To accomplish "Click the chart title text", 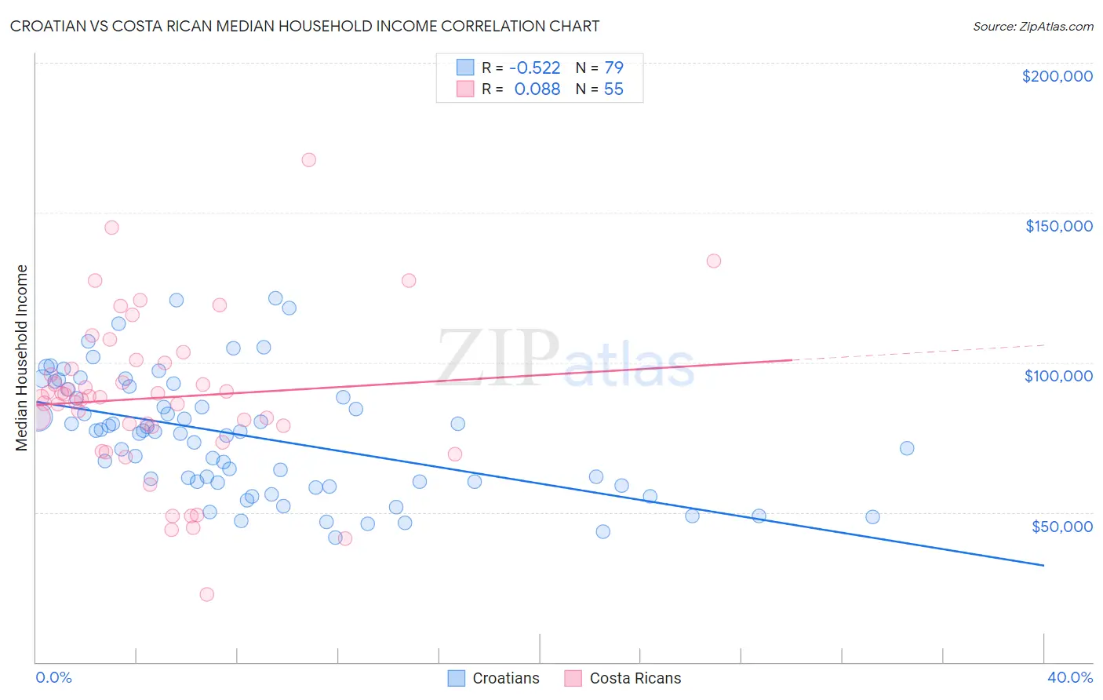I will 304,26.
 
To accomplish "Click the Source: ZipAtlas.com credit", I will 1032,26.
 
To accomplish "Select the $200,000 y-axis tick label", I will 1057,76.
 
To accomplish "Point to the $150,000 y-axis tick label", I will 1058,226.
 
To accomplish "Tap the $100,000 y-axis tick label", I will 1058,376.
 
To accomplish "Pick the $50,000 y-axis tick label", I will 1061,526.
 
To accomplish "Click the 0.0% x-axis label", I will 53,677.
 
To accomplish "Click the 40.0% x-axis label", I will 1069,677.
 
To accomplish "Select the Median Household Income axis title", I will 22,358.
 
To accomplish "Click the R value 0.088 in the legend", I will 537,89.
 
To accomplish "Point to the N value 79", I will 613,68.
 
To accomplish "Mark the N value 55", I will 613,89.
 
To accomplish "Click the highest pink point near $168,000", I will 308,160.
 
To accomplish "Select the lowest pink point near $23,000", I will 207,594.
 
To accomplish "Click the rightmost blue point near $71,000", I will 907,448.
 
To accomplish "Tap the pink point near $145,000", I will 111,228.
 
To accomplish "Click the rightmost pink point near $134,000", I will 713,261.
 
